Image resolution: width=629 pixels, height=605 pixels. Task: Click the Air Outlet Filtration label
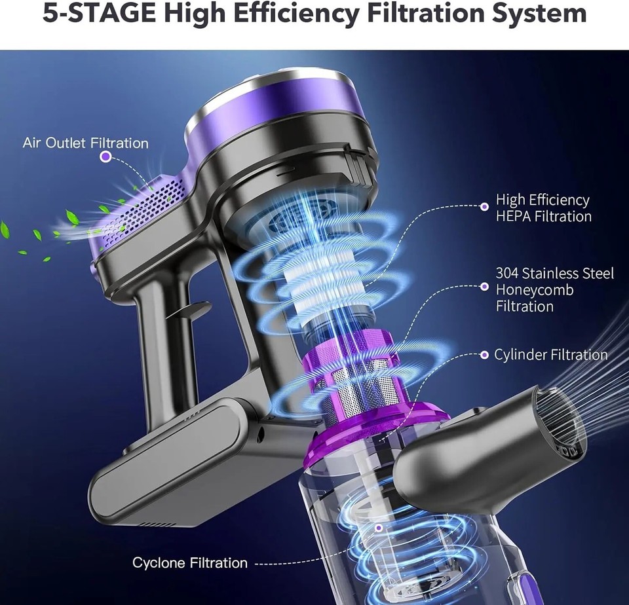tap(85, 143)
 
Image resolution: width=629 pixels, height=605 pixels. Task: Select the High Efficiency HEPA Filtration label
tap(543, 208)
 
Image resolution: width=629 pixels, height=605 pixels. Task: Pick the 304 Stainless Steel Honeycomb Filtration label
tap(554, 289)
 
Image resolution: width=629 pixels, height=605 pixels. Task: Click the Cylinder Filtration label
tap(550, 355)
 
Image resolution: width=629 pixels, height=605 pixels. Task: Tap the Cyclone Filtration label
tap(190, 562)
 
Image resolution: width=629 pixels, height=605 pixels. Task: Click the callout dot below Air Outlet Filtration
tap(105, 157)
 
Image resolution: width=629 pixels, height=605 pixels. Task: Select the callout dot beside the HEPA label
tap(484, 206)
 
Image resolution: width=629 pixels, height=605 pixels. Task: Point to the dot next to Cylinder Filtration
tap(484, 355)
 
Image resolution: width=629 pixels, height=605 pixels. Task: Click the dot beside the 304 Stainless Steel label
tap(484, 286)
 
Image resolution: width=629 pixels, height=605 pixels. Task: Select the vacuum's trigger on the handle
tap(190, 310)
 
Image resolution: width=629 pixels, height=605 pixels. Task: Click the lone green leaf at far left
tap(5, 229)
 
